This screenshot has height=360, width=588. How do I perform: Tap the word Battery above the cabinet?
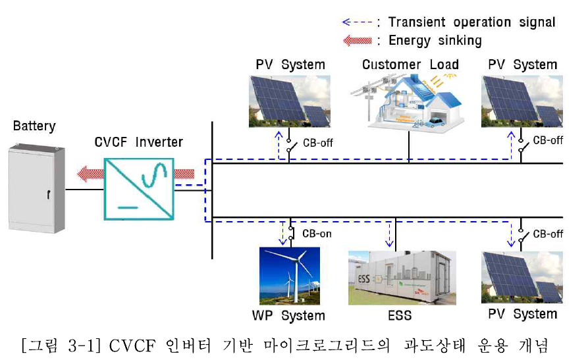pyautogui.click(x=34, y=126)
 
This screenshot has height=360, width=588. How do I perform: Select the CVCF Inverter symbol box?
pyautogui.click(x=138, y=188)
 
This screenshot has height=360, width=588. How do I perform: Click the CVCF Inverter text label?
pyautogui.click(x=138, y=141)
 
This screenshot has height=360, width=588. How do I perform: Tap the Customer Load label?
pyautogui.click(x=410, y=64)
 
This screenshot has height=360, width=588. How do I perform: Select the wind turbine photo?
pyautogui.click(x=289, y=275)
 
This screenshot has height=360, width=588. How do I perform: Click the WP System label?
pyautogui.click(x=288, y=315)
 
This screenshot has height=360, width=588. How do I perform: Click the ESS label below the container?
pyautogui.click(x=399, y=315)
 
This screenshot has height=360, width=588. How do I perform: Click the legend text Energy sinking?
pyautogui.click(x=435, y=41)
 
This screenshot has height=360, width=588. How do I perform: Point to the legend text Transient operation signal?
pyautogui.click(x=471, y=22)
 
